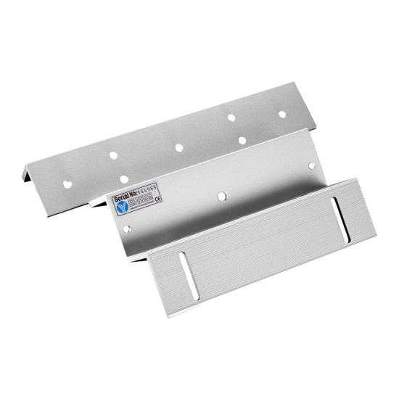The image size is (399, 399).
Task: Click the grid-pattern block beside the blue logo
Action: tap(141, 208)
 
